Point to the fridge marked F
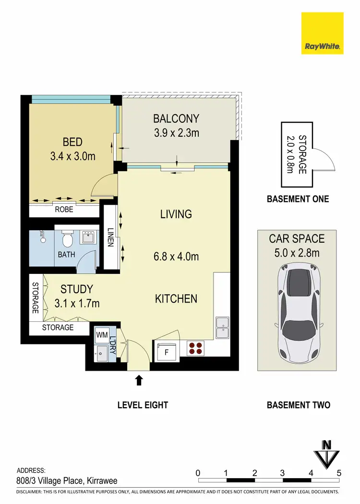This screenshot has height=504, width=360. point(166,352)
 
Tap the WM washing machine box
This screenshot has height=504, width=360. point(102,335)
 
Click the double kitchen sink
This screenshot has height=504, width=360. point(222,327)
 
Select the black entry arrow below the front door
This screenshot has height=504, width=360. point(139,380)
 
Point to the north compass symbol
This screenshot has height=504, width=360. point(327,453)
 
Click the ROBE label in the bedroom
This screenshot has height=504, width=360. point(64,210)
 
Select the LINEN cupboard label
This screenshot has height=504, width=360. point(110,236)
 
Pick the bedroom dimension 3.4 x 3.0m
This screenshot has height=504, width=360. point(73,156)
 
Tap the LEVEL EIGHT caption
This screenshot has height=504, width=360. point(143,405)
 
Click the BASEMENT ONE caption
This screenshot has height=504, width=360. point(298,199)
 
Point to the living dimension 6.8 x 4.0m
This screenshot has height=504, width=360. point(176,257)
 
